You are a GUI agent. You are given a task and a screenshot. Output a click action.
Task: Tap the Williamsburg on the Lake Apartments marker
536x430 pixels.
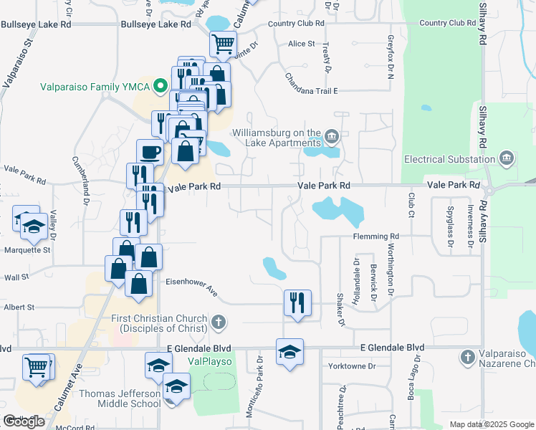[x=332, y=135]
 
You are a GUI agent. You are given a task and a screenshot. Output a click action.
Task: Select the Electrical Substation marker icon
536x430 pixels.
[x=507, y=157]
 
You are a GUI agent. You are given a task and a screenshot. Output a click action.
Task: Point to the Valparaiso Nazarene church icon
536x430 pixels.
[x=467, y=356]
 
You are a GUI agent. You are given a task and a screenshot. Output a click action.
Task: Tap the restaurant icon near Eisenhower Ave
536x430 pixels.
[x=297, y=302]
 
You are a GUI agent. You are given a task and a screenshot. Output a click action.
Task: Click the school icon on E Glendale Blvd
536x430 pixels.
[x=289, y=352]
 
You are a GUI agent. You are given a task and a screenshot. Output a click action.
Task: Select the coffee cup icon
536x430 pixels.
[x=150, y=152]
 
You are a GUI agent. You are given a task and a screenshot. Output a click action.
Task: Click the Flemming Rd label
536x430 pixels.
[x=375, y=236]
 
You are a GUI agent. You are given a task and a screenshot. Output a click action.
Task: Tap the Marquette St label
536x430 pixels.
[x=26, y=250]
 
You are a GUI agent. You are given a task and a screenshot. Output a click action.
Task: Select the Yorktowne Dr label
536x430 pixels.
[x=352, y=366]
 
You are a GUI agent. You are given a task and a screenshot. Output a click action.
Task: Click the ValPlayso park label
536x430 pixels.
[x=210, y=362]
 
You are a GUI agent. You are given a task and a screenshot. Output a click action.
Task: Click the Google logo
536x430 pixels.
[x=24, y=421]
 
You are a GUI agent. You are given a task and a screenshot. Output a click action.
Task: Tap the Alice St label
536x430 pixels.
[x=302, y=44]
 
